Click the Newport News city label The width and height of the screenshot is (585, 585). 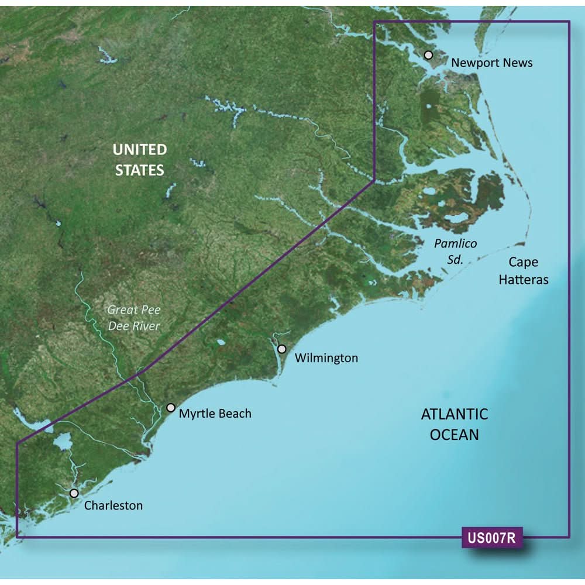pyautogui.click(x=491, y=62)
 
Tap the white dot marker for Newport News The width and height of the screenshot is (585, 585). pyautogui.click(x=428, y=55)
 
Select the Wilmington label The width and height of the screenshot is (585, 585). pyautogui.click(x=326, y=357)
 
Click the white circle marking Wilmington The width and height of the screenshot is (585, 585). pyautogui.click(x=282, y=349)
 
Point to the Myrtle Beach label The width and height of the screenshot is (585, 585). pyautogui.click(x=215, y=414)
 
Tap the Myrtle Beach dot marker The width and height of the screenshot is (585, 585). pyautogui.click(x=171, y=407)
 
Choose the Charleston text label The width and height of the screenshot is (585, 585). pyautogui.click(x=113, y=505)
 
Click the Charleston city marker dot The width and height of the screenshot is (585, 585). pyautogui.click(x=74, y=493)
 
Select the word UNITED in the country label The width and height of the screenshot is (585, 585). pyautogui.click(x=140, y=150)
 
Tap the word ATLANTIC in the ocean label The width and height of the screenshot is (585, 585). pyautogui.click(x=455, y=414)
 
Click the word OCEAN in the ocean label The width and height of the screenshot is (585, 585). pyautogui.click(x=455, y=435)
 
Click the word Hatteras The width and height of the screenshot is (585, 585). pyautogui.click(x=524, y=280)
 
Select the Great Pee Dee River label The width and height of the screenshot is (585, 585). pyautogui.click(x=133, y=318)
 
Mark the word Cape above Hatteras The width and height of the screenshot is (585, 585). pyautogui.click(x=523, y=262)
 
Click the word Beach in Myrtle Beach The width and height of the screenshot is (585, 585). pyautogui.click(x=232, y=414)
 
